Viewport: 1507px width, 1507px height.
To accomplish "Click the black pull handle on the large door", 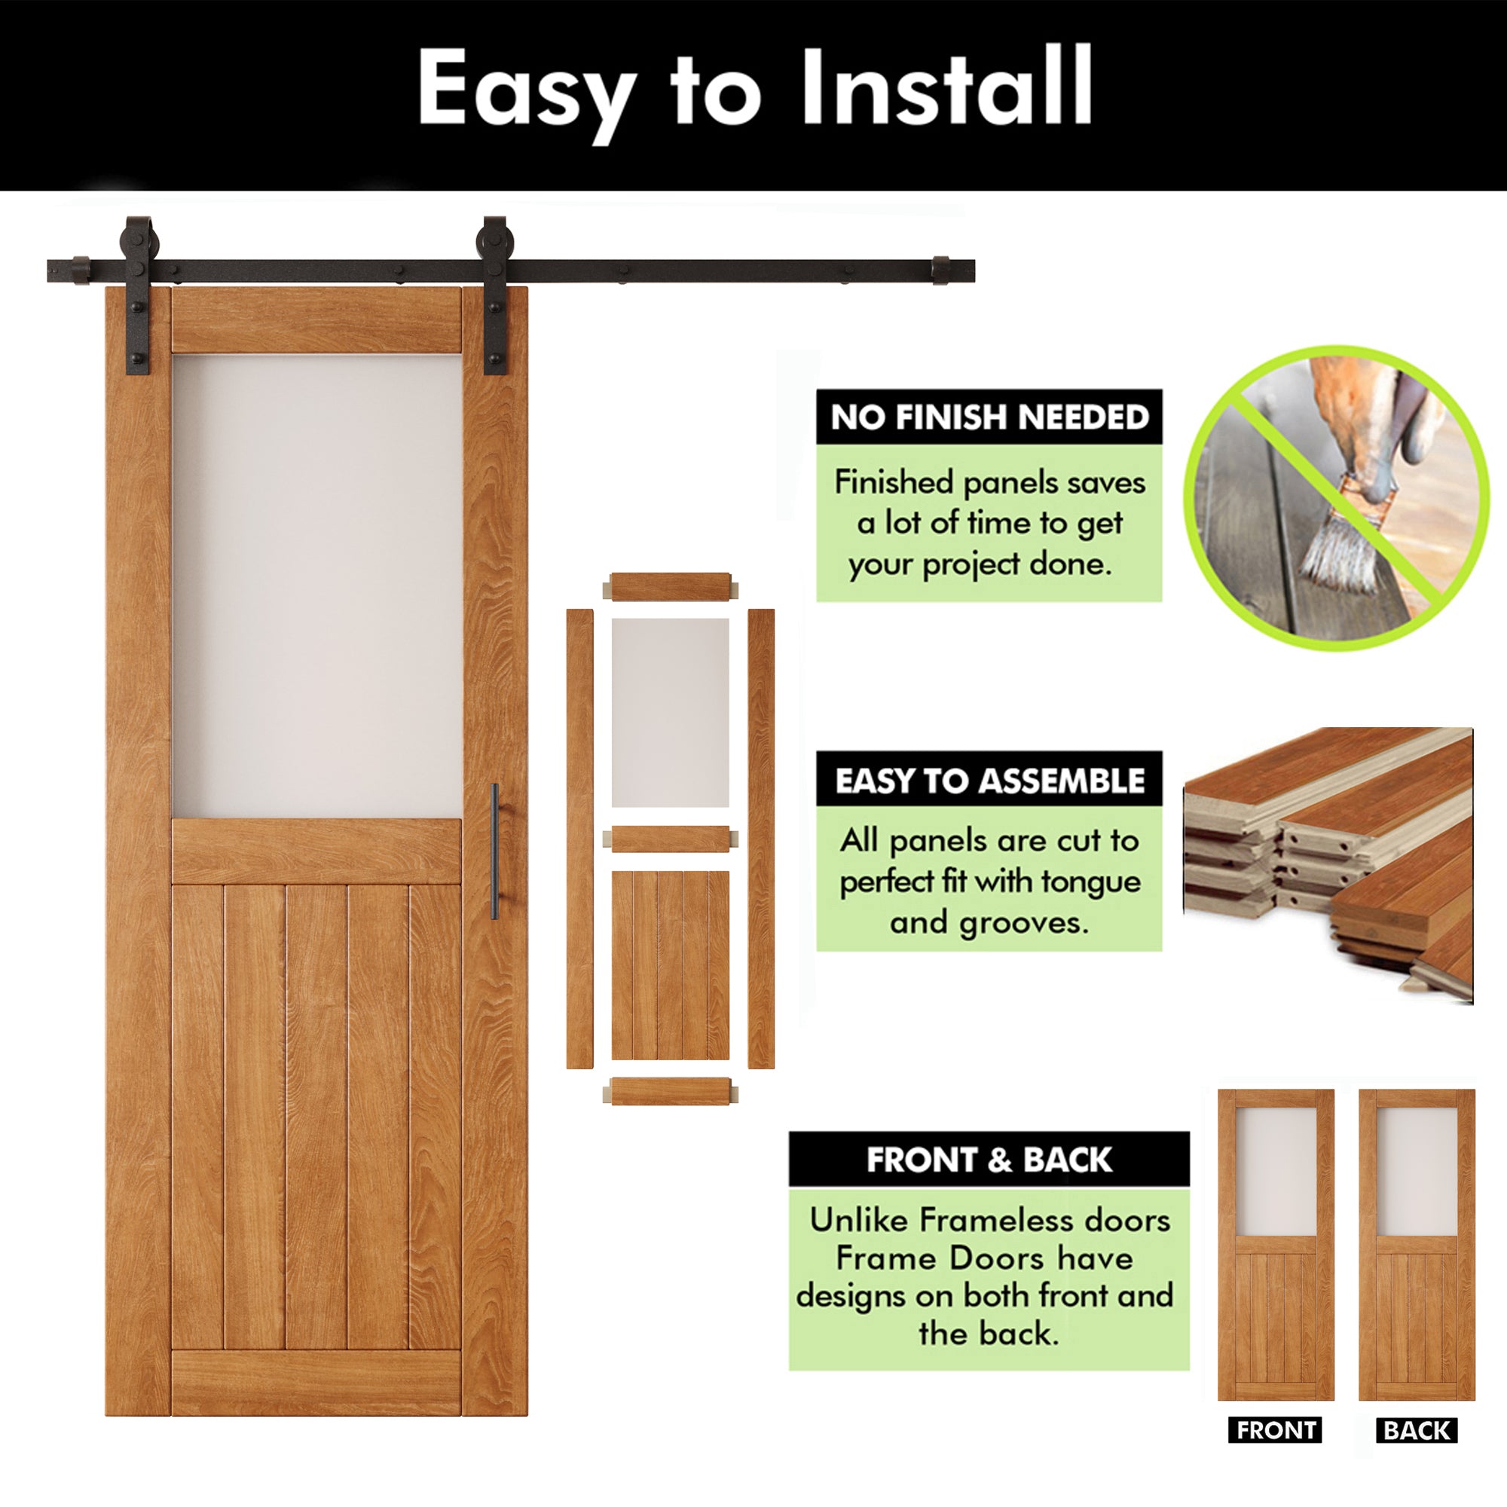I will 494,851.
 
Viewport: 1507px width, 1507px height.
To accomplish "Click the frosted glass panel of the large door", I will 316,585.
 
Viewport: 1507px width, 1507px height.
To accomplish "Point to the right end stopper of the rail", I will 940,270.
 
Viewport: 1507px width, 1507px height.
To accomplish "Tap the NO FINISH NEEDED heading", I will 989,417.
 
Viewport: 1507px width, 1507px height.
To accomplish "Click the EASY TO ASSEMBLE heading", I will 989,780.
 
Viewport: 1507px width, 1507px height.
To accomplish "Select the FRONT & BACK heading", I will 989,1160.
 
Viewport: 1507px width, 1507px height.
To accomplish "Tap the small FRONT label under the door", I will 1276,1430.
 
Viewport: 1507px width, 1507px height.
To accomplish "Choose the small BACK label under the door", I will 1417,1430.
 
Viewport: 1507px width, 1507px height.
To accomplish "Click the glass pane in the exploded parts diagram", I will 670,712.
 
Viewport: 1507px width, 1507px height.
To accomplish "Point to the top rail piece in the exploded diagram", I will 670,586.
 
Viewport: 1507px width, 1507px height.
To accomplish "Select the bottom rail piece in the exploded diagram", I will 670,1091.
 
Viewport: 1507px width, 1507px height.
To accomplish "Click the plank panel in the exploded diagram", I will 670,965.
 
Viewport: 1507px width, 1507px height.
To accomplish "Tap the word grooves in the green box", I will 1022,924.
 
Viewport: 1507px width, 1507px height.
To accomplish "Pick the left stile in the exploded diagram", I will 579,839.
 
